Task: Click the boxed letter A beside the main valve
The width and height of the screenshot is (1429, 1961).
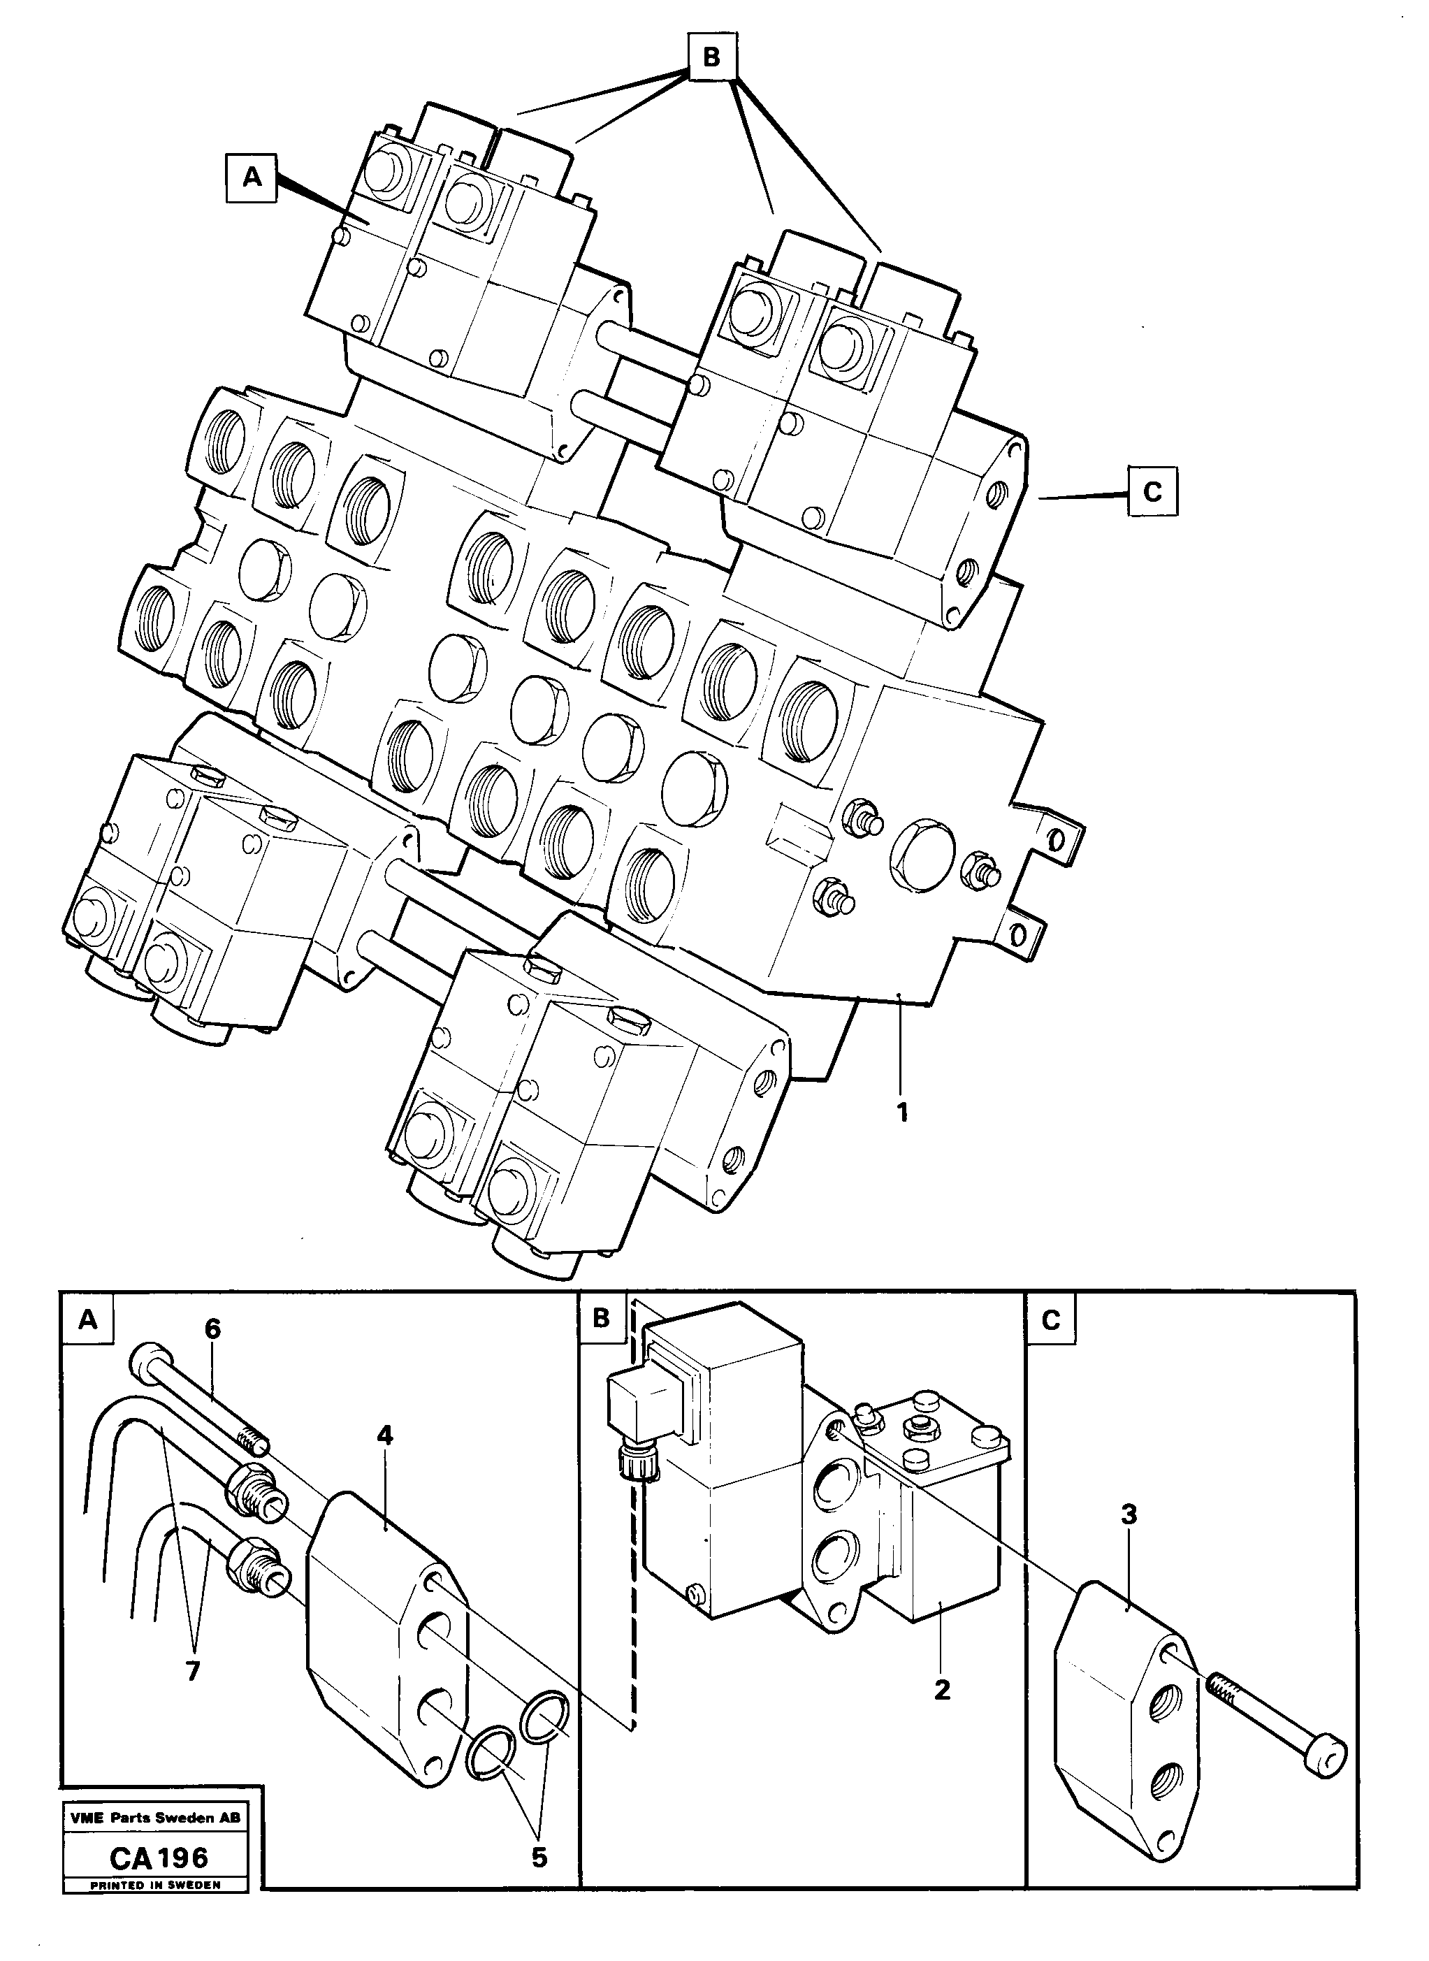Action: pos(251,178)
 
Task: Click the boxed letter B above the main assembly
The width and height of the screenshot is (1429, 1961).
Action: pos(711,58)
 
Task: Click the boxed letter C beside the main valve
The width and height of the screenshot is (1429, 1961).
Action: pos(1152,491)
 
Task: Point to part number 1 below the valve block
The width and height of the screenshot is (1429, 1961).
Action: pos(902,1113)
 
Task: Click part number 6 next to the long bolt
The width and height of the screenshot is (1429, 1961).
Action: pos(213,1328)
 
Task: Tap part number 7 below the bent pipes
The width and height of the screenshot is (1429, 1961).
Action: pos(192,1670)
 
